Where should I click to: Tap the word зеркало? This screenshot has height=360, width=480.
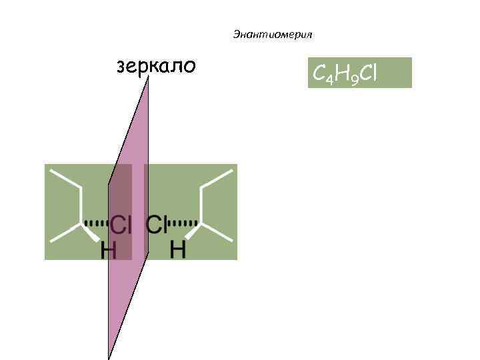pyautogui.click(x=156, y=67)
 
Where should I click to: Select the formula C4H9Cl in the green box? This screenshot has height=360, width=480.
pyautogui.click(x=344, y=73)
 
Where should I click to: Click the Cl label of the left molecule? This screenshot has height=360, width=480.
pyautogui.click(x=121, y=225)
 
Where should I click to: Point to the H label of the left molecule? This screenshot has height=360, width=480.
pyautogui.click(x=108, y=251)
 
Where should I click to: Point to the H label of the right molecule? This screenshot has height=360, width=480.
pyautogui.click(x=178, y=251)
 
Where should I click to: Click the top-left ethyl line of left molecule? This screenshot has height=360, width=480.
pyautogui.click(x=65, y=179)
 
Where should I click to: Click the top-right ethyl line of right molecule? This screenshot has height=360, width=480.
pyautogui.click(x=218, y=179)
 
